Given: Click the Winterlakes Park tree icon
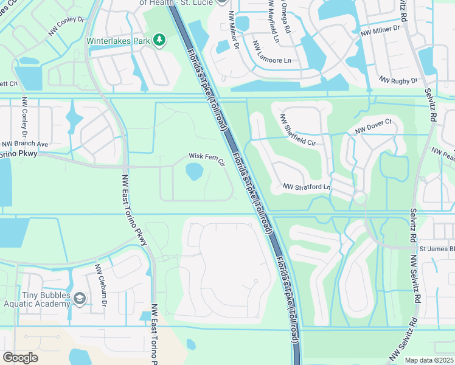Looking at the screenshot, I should (159, 40).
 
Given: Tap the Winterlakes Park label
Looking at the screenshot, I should (119, 40).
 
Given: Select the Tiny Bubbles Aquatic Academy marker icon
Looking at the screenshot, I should (80, 297).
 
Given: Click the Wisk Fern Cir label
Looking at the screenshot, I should (207, 159).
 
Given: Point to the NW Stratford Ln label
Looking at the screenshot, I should (307, 187).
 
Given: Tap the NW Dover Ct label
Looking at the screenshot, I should (373, 129).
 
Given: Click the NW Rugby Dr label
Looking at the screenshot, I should (398, 80).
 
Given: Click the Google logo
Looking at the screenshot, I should (20, 357).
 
